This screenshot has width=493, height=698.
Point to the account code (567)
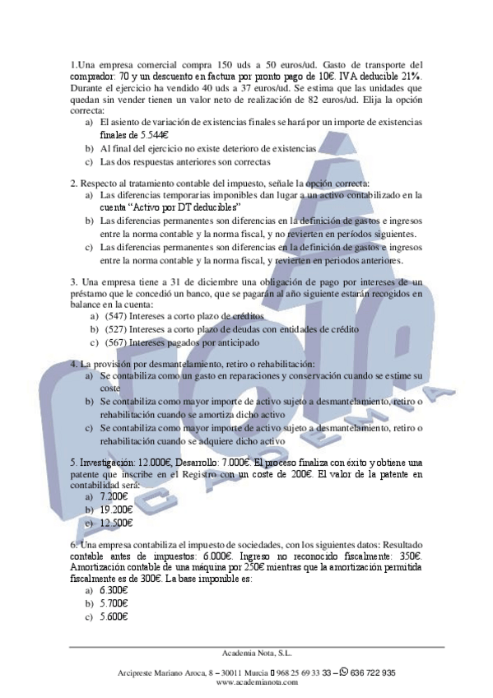tap(118, 342)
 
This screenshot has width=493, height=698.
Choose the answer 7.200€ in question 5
tap(114, 496)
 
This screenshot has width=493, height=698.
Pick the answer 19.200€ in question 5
tap(116, 510)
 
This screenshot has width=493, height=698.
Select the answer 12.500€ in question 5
tap(116, 523)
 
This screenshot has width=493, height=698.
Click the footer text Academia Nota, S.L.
tap(246, 653)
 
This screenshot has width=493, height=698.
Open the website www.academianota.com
tap(246, 682)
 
